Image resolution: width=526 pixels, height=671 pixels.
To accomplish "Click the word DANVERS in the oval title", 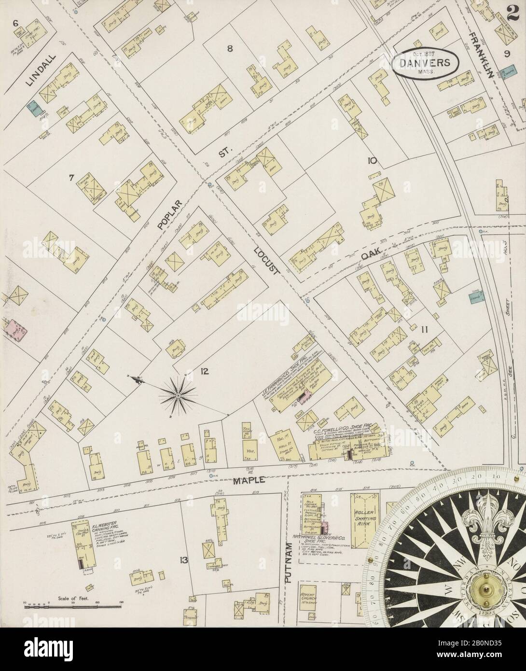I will [x=425, y=62].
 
